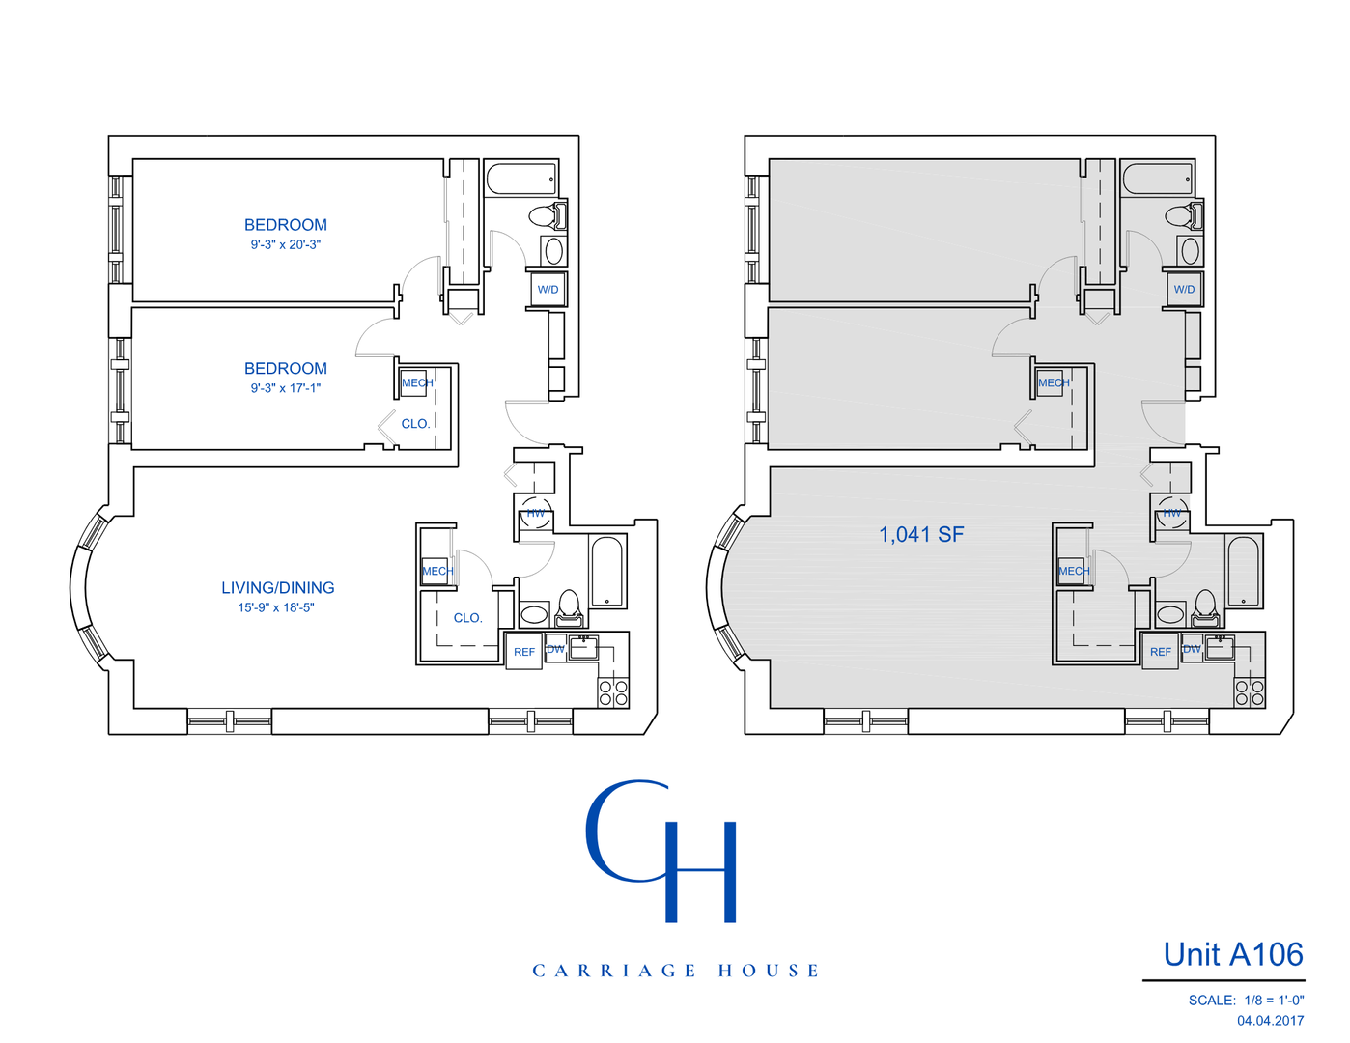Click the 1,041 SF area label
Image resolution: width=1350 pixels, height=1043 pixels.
tap(920, 535)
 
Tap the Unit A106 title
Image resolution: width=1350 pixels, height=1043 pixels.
tap(1233, 955)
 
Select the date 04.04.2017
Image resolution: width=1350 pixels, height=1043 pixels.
tap(1270, 1021)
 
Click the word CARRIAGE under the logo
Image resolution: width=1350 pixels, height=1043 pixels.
tap(614, 971)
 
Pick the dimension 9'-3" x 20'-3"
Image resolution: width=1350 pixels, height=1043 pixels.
tap(286, 245)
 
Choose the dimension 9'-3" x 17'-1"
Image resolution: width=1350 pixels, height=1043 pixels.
tap(286, 388)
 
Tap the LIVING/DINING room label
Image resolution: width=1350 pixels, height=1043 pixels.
tap(278, 587)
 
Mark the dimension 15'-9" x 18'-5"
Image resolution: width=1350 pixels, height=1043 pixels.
tap(276, 608)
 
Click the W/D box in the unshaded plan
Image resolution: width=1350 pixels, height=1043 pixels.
tap(548, 290)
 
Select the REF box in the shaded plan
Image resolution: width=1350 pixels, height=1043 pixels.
tap(1160, 652)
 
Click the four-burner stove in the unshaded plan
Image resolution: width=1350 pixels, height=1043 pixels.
tap(613, 692)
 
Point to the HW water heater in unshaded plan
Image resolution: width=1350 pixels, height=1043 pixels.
tap(535, 513)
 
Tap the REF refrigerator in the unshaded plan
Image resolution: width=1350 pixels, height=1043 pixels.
tap(523, 652)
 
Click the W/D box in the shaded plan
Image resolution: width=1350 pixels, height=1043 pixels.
tap(1184, 290)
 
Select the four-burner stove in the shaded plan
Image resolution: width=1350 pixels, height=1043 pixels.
tap(1250, 692)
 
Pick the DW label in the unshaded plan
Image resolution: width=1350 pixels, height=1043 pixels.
tap(555, 649)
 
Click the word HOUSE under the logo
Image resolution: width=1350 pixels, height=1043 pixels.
tap(769, 971)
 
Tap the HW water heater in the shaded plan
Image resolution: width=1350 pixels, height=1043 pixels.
tap(1171, 513)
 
